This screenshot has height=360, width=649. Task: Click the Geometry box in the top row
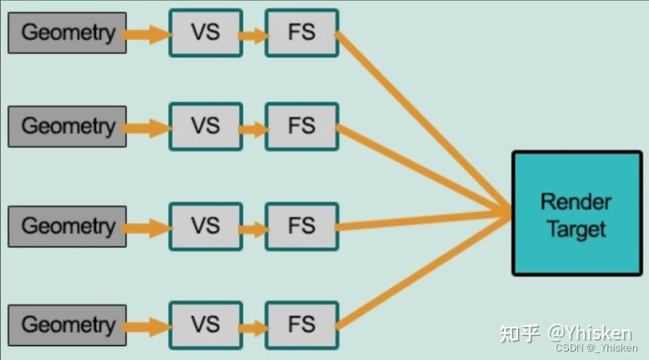click(x=67, y=32)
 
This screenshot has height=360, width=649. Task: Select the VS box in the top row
click(x=206, y=32)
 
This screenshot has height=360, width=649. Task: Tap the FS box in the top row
click(x=302, y=32)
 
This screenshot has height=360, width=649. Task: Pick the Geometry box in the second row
click(x=67, y=126)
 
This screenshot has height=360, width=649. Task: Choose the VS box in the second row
click(x=206, y=126)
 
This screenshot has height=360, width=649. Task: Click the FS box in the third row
click(x=302, y=227)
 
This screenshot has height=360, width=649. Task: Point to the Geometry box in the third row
click(x=67, y=227)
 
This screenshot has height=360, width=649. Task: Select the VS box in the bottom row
click(x=206, y=325)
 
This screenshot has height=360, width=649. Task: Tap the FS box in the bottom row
click(x=302, y=325)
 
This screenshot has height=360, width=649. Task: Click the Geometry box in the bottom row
click(x=67, y=325)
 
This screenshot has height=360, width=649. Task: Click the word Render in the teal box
click(x=576, y=202)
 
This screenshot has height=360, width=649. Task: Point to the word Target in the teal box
click(x=576, y=229)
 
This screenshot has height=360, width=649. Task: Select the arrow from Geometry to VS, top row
click(x=148, y=35)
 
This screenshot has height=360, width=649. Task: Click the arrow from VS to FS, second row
click(x=254, y=130)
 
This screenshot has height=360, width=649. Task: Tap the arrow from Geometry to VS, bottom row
click(x=148, y=327)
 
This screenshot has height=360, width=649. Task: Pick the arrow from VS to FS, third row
click(x=254, y=229)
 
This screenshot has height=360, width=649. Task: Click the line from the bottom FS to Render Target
click(x=423, y=272)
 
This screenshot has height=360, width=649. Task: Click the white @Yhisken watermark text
click(x=590, y=333)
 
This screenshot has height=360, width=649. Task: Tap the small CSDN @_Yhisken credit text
click(x=596, y=348)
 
